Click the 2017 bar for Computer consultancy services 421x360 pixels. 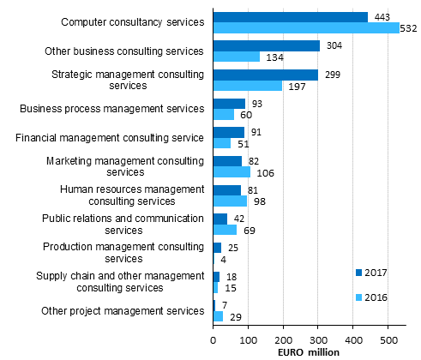click(290, 16)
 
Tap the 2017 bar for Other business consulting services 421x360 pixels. click(266, 45)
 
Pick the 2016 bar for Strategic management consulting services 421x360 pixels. click(247, 86)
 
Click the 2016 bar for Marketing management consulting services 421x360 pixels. click(232, 171)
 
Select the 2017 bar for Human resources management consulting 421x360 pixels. click(227, 189)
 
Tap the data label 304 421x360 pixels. click(334, 45)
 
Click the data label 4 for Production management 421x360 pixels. click(223, 260)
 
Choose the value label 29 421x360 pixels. click(235, 317)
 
